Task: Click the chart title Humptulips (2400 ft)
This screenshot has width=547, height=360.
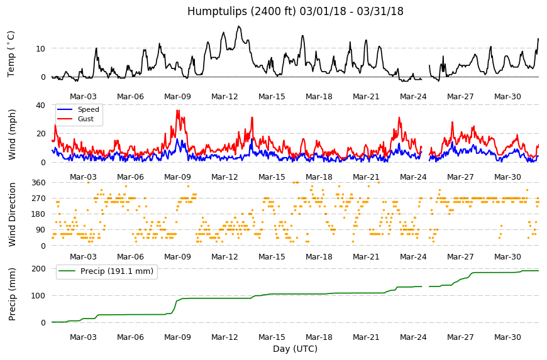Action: pyautogui.click(x=241, y=11)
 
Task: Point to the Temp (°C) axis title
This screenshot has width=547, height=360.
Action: pyautogui.click(x=11, y=53)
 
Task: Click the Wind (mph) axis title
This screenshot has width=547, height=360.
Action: pyautogui.click(x=12, y=134)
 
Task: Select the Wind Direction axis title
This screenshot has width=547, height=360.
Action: pyautogui.click(x=12, y=214)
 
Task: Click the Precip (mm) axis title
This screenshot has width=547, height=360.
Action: pyautogui.click(x=12, y=294)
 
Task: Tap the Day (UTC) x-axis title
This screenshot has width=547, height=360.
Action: pyautogui.click(x=295, y=349)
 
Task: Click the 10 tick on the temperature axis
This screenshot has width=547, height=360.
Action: pyautogui.click(x=40, y=48)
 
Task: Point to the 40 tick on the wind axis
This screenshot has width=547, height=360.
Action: pyautogui.click(x=40, y=106)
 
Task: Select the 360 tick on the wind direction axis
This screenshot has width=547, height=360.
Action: pyautogui.click(x=38, y=183)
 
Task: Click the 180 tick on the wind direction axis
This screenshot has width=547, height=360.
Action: pyautogui.click(x=38, y=214)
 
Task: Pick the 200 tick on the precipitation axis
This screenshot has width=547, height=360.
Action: pyautogui.click(x=38, y=269)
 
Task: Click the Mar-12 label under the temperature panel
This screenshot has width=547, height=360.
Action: pyautogui.click(x=224, y=97)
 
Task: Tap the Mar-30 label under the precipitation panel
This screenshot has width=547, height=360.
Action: pyautogui.click(x=507, y=337)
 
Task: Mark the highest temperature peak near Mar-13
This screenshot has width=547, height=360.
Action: pyautogui.click(x=239, y=26)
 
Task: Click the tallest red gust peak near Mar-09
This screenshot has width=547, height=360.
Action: pyautogui.click(x=178, y=111)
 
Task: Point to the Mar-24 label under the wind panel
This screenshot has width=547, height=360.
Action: pyautogui.click(x=413, y=177)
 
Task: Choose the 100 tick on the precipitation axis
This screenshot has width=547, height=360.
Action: pyautogui.click(x=38, y=295)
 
